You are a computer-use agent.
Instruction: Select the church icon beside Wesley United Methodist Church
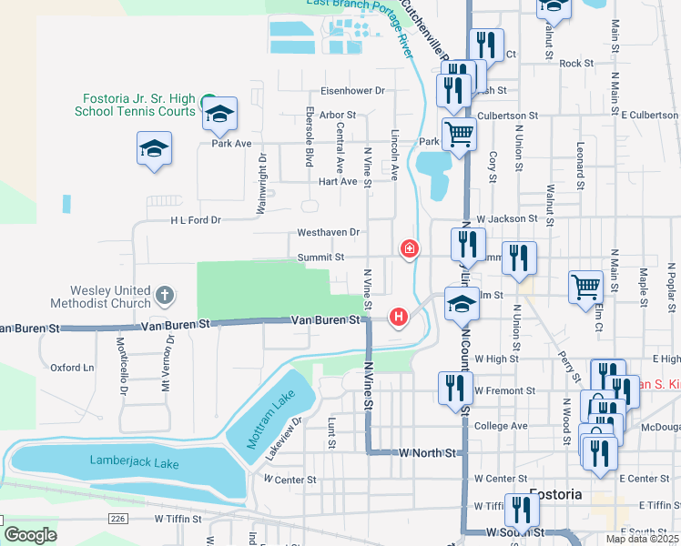164,295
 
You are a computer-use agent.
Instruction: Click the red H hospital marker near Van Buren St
398,317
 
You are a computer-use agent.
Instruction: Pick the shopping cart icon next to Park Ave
460,134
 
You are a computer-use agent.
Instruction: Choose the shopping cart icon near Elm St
586,286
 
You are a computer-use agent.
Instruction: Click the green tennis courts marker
208,100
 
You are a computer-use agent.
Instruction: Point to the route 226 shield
120,518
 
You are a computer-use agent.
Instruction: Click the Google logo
31,535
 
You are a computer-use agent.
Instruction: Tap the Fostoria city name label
555,494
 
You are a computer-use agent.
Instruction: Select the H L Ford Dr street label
196,220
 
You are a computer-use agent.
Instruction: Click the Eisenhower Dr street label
353,91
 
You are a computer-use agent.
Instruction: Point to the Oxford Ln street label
72,368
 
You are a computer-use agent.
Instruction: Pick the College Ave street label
501,426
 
